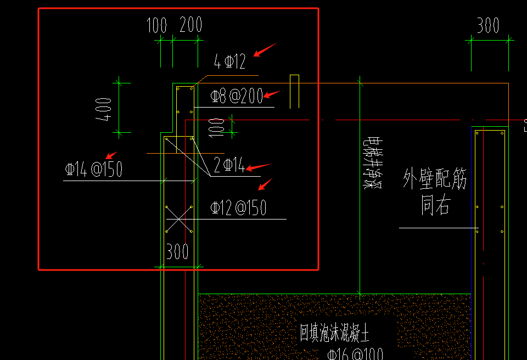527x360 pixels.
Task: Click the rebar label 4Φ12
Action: point(230,62)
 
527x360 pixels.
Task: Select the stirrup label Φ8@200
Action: point(237,97)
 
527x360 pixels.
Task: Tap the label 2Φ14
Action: point(229,165)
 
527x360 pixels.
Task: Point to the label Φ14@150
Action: point(93,169)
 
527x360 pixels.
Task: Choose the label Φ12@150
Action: point(238,207)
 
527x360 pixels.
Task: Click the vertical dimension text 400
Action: point(104,109)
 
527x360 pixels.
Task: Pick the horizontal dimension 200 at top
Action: point(190,25)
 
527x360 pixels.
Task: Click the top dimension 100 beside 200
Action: point(156,25)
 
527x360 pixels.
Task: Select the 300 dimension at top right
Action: point(487,25)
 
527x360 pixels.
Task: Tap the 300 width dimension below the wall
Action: point(177,252)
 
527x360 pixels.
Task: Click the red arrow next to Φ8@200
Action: point(272,94)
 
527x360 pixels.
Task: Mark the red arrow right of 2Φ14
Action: point(259,167)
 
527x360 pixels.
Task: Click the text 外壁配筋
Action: point(435,179)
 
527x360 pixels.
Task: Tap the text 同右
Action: point(435,206)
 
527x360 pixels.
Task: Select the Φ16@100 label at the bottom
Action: point(355,354)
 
